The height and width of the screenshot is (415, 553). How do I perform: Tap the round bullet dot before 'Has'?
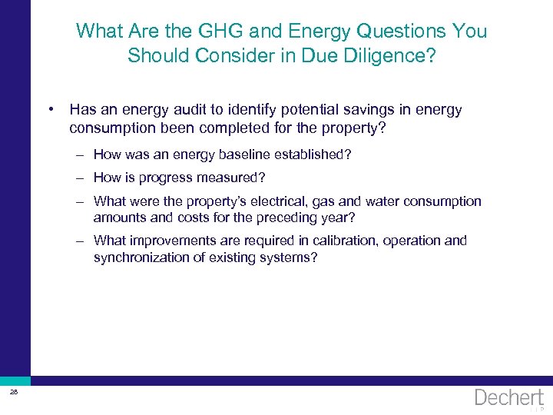[x=50, y=109]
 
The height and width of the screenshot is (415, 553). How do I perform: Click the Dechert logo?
[x=508, y=398]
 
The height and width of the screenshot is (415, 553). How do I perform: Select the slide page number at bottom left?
[x=14, y=393]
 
